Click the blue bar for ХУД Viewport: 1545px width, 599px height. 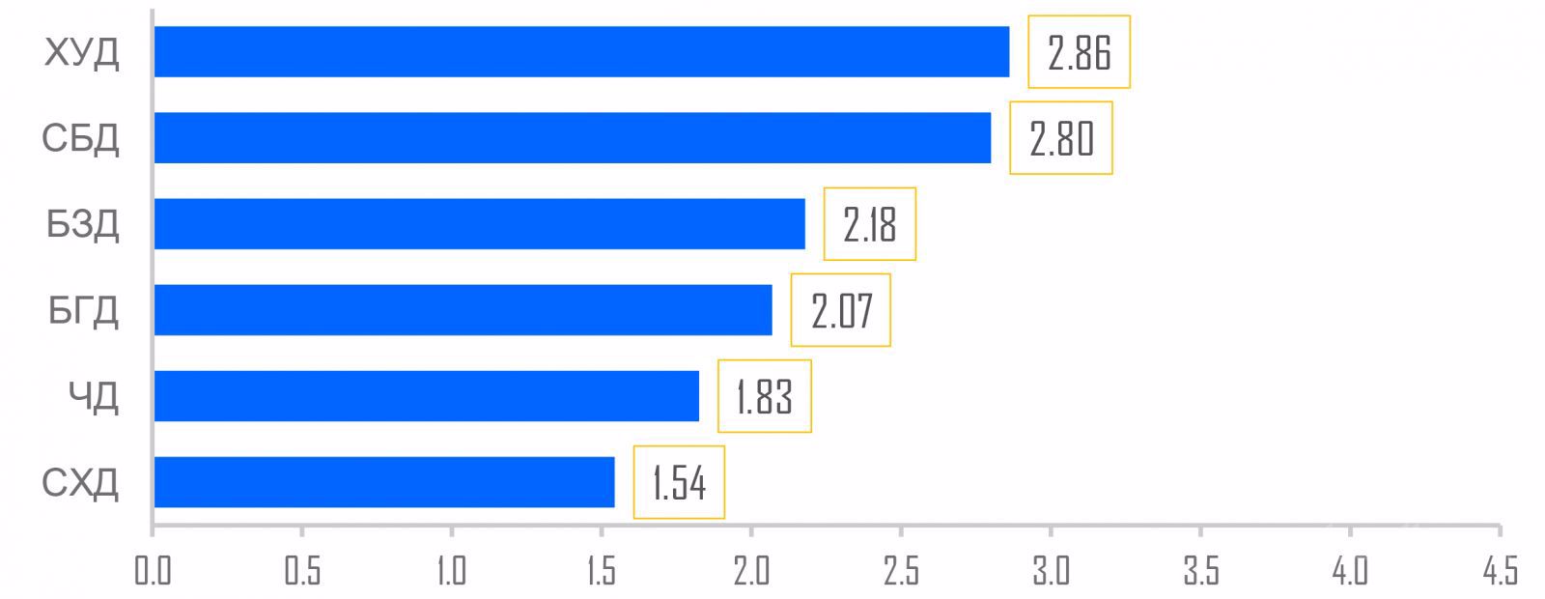coord(581,51)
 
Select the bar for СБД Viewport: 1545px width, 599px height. coord(572,137)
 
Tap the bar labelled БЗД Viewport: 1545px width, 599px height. coord(479,223)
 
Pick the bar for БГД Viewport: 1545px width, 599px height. coord(463,309)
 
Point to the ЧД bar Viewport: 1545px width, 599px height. coord(426,395)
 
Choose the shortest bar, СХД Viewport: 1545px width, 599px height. coord(383,481)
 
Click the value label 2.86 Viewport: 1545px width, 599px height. coord(1079,52)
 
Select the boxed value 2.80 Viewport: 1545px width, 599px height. coord(1060,138)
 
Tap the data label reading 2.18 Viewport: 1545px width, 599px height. coord(869,224)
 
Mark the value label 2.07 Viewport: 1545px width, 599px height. coord(840,310)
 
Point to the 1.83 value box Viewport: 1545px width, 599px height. coord(764,396)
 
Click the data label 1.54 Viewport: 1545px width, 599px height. coord(679,482)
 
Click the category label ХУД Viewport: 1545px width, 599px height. coord(82,52)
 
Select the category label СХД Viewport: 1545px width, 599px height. coord(81,482)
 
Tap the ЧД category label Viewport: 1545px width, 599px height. coord(94,396)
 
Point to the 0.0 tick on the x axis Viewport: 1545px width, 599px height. coord(153,571)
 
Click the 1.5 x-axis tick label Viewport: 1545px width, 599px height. coord(601,571)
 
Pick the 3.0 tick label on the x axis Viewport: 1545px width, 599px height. coord(1050,571)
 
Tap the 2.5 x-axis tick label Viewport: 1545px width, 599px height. coord(900,571)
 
